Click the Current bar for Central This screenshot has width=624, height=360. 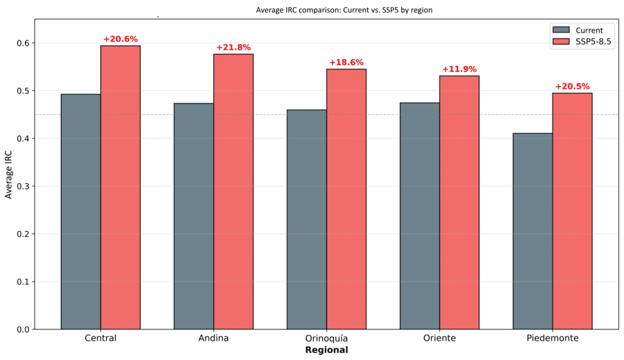coord(81,212)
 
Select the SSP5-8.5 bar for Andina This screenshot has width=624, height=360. coord(233,191)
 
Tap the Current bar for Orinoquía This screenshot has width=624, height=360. coord(306,219)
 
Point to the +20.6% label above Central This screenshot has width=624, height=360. coord(120,39)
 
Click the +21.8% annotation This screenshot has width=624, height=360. coord(233,47)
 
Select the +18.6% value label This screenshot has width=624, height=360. coord(346,62)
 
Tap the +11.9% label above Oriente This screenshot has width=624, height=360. coord(459,69)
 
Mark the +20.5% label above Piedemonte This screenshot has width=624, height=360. coord(572,87)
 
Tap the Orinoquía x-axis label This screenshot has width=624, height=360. coord(326,338)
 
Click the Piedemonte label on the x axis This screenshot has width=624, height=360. coord(553,338)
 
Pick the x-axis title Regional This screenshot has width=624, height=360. coord(326,350)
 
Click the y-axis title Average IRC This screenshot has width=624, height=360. coord(9,173)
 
